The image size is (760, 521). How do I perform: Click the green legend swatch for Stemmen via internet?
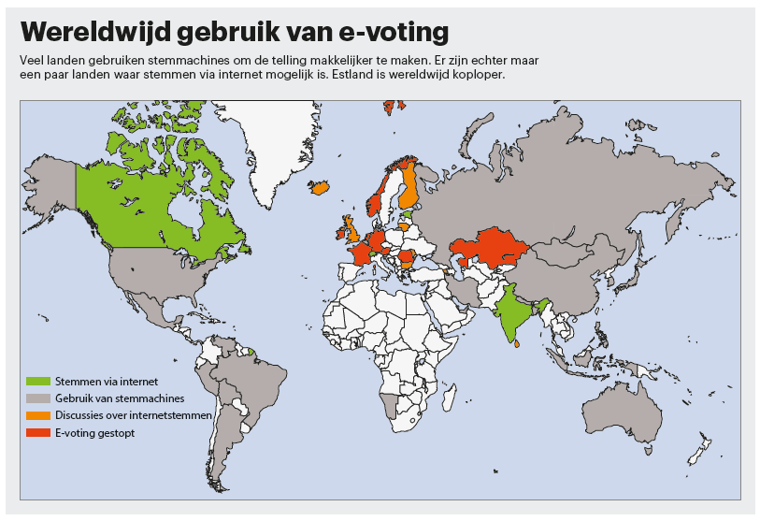click(38, 381)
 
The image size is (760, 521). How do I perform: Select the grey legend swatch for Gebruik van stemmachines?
click(38, 398)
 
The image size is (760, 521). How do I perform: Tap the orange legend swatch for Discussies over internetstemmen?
click(38, 414)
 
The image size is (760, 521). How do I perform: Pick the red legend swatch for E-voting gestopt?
click(38, 432)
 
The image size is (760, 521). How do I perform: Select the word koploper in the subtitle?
click(479, 75)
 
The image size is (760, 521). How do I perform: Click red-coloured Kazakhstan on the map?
click(486, 249)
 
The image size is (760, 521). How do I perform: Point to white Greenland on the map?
click(280, 140)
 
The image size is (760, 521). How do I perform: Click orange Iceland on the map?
click(320, 187)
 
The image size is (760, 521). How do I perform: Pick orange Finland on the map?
click(409, 187)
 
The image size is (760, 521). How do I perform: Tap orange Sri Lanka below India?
click(517, 345)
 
